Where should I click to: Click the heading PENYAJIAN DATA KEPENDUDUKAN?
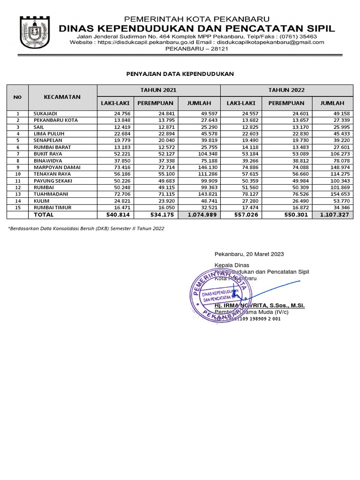tap(180, 74)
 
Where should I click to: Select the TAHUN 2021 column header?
tap(158, 90)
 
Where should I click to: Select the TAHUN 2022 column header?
tap(286, 90)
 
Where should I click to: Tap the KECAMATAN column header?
tap(62, 97)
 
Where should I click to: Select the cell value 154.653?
tap(339, 194)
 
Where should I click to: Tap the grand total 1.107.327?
tap(335, 215)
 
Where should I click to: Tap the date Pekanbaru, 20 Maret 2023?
tap(249, 254)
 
